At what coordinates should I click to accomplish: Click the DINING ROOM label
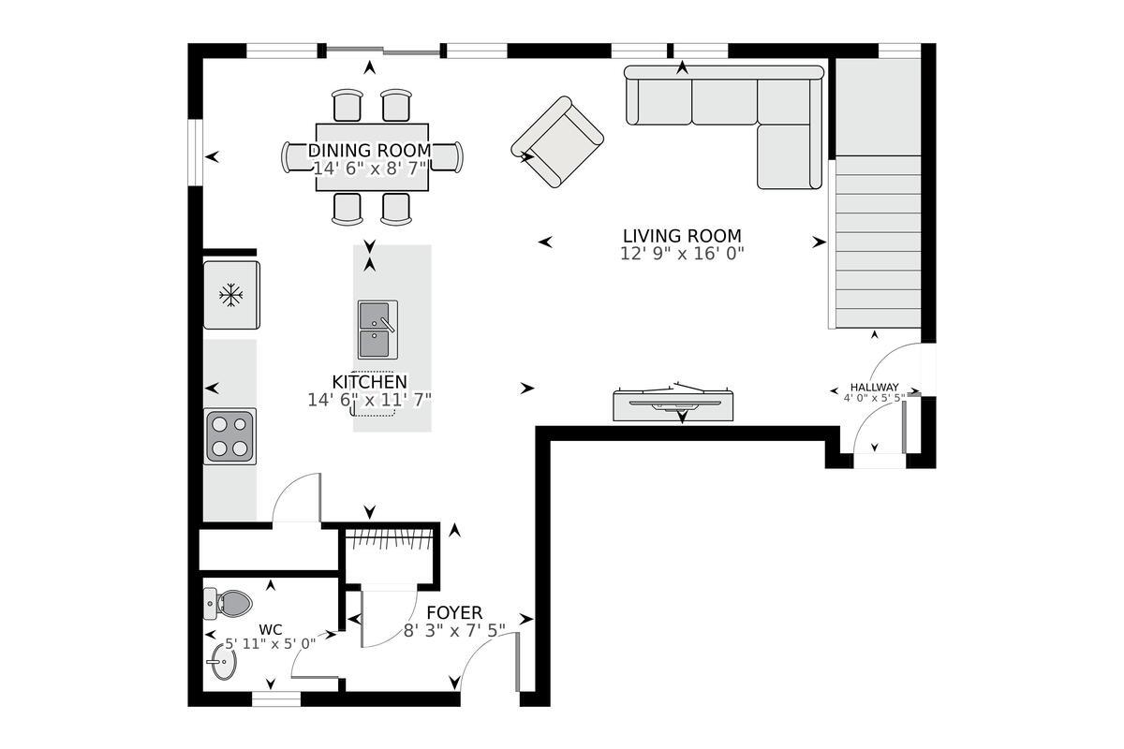[x=370, y=151]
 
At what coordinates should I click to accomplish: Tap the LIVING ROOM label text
[x=681, y=236]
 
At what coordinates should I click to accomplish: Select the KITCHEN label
[x=370, y=382]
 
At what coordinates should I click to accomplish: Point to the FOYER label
[x=454, y=613]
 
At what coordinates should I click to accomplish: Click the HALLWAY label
[x=874, y=388]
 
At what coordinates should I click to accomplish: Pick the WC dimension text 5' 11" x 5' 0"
[x=271, y=643]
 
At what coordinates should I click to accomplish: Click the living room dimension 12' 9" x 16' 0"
[x=681, y=253]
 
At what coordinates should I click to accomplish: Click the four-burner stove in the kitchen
[x=230, y=436]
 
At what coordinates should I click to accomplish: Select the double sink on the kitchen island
[x=377, y=330]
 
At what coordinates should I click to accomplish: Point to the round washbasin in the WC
[x=223, y=665]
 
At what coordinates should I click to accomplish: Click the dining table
[x=372, y=157]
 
